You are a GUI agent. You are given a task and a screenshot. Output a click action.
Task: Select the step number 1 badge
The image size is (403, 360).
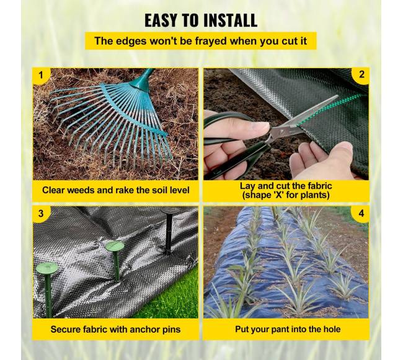point(40,76)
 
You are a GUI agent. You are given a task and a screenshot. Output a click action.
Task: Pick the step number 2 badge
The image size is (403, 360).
point(361,75)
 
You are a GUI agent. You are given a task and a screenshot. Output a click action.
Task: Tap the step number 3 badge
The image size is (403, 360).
point(41,213)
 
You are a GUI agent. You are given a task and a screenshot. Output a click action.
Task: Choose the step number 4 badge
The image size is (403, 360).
point(361,213)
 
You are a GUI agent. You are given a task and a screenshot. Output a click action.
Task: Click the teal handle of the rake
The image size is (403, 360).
point(143,80)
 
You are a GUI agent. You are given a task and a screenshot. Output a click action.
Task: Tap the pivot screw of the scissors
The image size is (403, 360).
point(283,132)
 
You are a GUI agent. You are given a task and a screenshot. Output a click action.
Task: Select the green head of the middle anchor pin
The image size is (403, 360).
point(114,246)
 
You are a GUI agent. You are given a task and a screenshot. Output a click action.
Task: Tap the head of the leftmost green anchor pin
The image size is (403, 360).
point(46,268)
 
